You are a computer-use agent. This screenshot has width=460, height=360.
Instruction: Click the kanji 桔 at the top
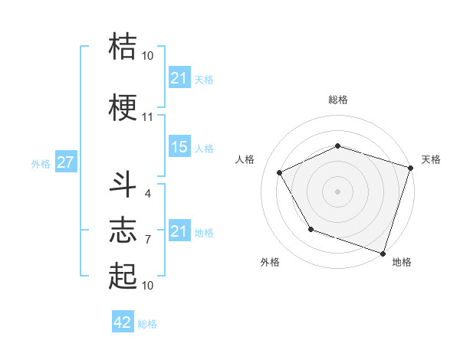coord(123,46)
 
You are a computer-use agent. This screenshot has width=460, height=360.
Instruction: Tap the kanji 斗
coord(123,185)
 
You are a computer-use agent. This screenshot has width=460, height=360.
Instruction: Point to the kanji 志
coord(123,229)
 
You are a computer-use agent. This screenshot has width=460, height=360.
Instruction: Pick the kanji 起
coord(123,276)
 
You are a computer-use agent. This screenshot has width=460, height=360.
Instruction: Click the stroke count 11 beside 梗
coord(147,117)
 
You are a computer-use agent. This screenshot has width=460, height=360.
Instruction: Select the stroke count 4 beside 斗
coord(147,193)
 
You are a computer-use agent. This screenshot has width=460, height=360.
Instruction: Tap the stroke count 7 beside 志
coord(147,239)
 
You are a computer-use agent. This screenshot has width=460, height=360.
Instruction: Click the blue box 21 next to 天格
coord(179,78)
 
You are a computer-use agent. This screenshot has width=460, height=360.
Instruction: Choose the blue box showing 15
coord(179,147)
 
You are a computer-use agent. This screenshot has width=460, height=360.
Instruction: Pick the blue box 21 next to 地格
coord(179,231)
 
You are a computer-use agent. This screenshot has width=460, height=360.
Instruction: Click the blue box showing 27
coord(65,162)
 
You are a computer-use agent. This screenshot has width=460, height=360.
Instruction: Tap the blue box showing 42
coord(123,322)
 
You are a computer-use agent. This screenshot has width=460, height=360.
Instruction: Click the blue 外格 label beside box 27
coord(41,163)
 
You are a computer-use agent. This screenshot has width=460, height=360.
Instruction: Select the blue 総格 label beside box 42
coord(147,324)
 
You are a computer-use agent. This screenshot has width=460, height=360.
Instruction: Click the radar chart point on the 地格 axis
coord(383,252)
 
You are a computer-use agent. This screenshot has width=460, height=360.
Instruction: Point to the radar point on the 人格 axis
coord(280,173)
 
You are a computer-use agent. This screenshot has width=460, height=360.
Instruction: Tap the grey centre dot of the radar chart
coord(337,191)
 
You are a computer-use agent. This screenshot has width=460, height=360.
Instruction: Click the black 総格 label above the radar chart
coord(337,100)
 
